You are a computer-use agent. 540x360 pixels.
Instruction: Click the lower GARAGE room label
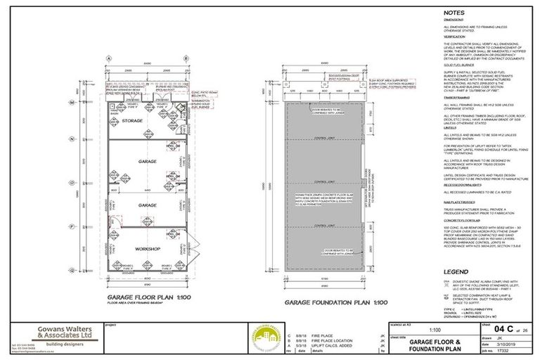pos(146,205)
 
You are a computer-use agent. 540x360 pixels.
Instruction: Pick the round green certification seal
pos(262,341)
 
